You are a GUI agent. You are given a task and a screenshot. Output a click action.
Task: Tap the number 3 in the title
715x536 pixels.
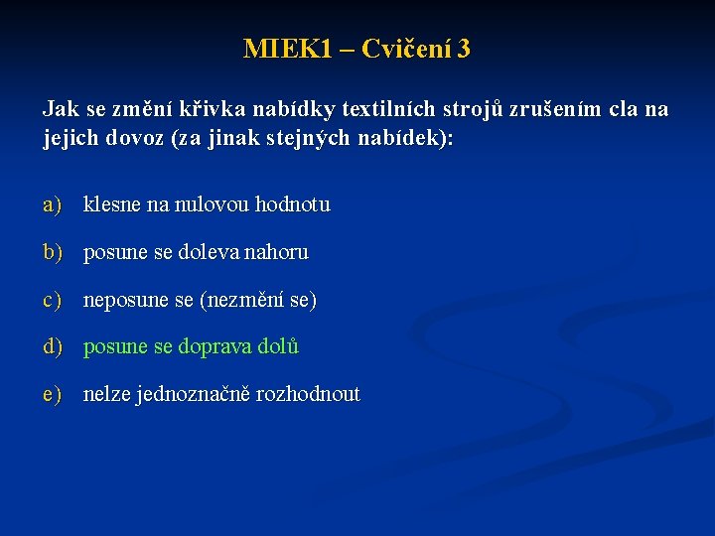point(464,49)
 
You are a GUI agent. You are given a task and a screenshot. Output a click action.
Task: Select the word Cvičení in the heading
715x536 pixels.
point(406,49)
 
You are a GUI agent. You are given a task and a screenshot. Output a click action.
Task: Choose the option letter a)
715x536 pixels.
point(53,205)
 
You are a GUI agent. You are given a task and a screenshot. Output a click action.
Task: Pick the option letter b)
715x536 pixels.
point(53,253)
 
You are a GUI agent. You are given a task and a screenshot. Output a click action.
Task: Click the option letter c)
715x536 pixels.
point(53,300)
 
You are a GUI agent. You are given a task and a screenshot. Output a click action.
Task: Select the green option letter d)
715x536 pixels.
point(53,347)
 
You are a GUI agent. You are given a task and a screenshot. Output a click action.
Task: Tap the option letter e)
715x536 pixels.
point(53,395)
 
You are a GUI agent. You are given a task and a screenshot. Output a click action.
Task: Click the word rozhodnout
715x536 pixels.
point(308,395)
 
